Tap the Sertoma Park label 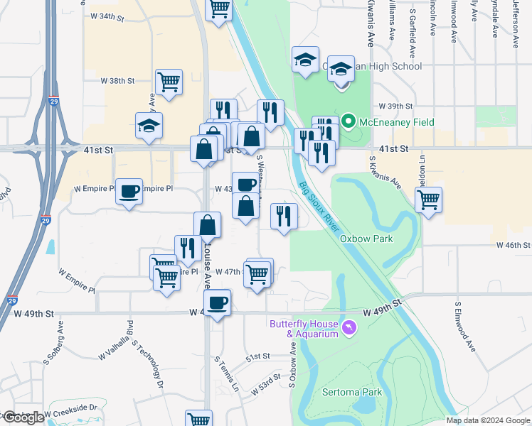coord(352,392)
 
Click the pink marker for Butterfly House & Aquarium coord(349,327)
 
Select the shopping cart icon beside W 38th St coord(169,82)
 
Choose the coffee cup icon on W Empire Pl coord(129,192)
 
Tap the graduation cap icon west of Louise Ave coord(149,126)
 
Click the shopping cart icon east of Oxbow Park coord(428,200)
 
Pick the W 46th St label coord(513,244)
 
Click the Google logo coord(23,418)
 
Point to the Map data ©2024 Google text coord(488,420)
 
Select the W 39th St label coord(396,105)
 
